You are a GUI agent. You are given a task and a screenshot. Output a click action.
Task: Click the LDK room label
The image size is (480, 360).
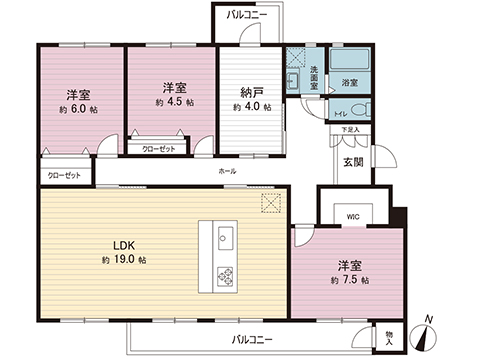click(x=123, y=245)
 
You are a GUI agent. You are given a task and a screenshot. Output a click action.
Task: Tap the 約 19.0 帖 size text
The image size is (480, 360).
click(x=124, y=260)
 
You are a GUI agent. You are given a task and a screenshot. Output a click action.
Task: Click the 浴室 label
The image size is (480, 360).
click(x=350, y=82)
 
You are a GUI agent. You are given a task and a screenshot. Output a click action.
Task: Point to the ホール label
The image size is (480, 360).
click(x=227, y=173)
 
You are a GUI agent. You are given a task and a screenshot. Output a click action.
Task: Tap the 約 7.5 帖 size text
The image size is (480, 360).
click(x=350, y=280)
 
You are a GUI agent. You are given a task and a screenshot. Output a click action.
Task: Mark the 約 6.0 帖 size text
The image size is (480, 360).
click(x=78, y=109)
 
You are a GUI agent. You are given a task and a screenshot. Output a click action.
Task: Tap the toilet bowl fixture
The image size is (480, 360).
click(x=362, y=109)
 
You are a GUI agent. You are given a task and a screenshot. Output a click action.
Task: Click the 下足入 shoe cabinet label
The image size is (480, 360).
click(x=349, y=130)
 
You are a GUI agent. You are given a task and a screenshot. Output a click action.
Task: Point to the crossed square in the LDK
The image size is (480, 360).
click(x=271, y=203)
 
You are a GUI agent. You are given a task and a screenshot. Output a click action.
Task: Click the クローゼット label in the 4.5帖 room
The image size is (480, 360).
click(x=159, y=148)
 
